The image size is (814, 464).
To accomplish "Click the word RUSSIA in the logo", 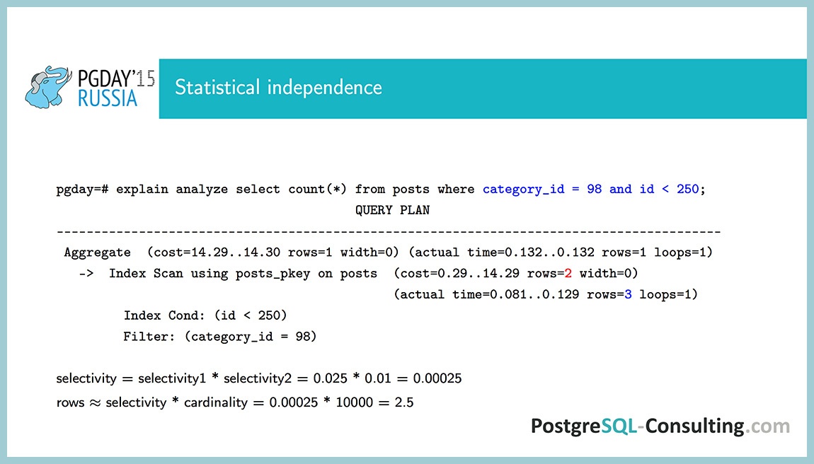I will pyautogui.click(x=108, y=98).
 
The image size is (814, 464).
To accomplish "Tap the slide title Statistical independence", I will pyautogui.click(x=278, y=88).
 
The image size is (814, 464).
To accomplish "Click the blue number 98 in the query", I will pyautogui.click(x=595, y=190).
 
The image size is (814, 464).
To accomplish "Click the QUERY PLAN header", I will pyautogui.click(x=392, y=210).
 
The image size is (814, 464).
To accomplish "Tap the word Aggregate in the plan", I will pyautogui.click(x=97, y=253).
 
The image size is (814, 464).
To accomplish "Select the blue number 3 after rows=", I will pyautogui.click(x=628, y=294).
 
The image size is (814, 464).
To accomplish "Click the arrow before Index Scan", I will pyautogui.click(x=86, y=273).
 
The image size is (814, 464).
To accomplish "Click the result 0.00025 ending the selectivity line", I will pyautogui.click(x=437, y=379).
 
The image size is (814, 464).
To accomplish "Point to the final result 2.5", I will pyautogui.click(x=404, y=403).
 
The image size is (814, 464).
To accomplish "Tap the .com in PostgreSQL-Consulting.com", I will pyautogui.click(x=769, y=427).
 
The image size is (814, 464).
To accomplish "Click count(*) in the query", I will pyautogui.click(x=318, y=190).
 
